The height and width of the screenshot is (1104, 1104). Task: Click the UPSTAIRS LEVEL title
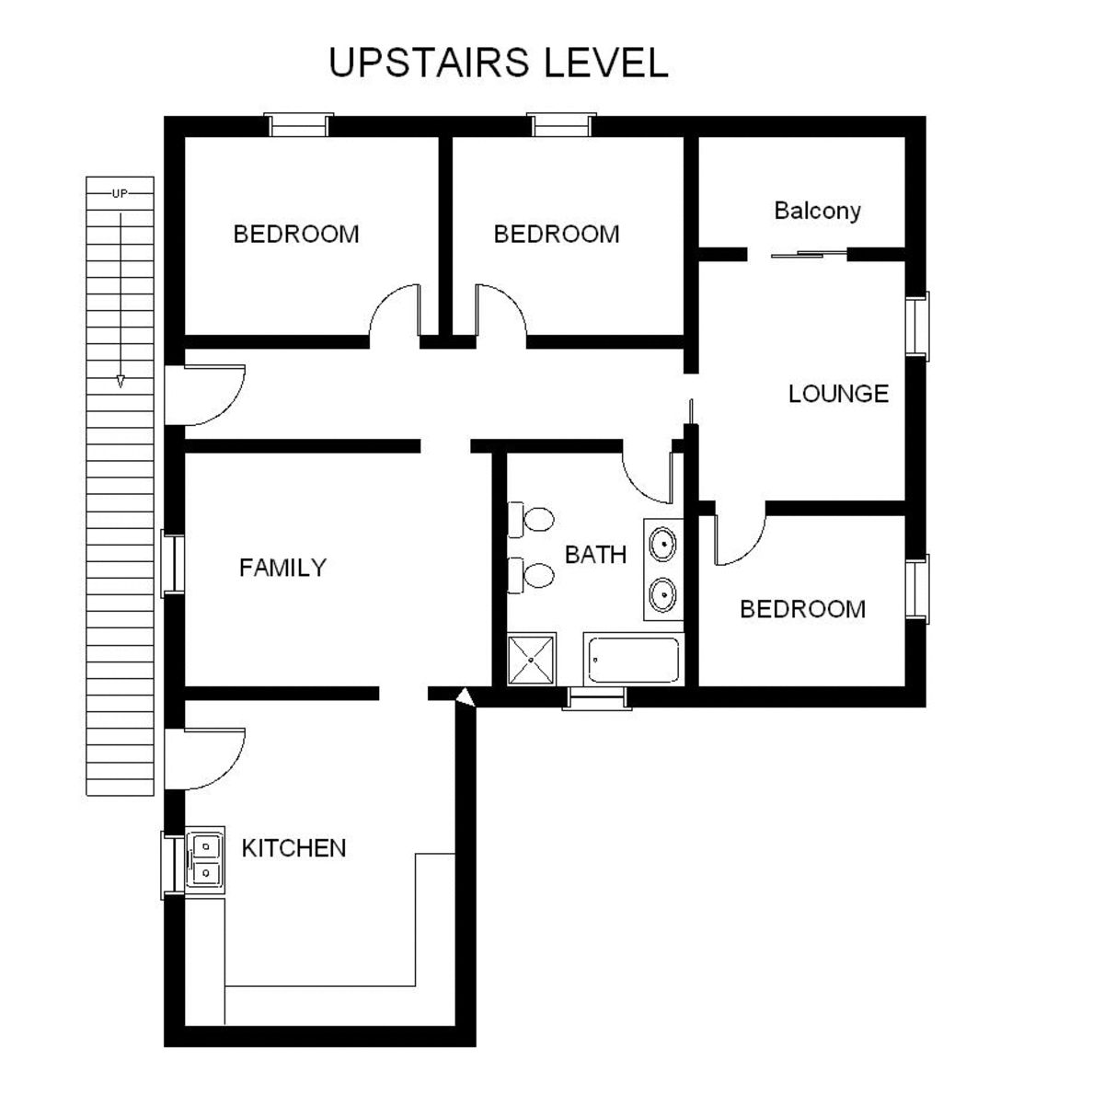click(x=499, y=63)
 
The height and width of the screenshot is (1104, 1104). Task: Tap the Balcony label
click(x=817, y=212)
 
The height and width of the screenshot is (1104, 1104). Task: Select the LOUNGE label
click(x=838, y=394)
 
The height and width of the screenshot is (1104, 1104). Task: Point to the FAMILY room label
click(x=282, y=568)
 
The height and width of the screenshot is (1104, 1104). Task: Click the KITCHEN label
click(x=293, y=848)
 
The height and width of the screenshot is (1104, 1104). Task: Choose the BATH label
click(x=595, y=555)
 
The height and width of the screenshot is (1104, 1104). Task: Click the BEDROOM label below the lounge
click(x=802, y=609)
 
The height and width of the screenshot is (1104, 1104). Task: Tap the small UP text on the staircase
click(x=120, y=193)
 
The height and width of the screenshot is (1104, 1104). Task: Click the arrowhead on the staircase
click(x=121, y=382)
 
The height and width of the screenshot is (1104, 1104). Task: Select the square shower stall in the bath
click(x=532, y=660)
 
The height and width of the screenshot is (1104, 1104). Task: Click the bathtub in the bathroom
click(x=633, y=660)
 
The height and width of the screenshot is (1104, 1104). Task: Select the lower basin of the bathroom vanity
click(x=662, y=594)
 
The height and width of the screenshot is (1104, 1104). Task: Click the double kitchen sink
click(x=205, y=859)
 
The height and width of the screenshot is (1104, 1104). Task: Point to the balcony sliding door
click(x=809, y=254)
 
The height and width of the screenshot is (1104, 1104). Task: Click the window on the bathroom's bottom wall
click(x=597, y=698)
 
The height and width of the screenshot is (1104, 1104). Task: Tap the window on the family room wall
click(x=172, y=564)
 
